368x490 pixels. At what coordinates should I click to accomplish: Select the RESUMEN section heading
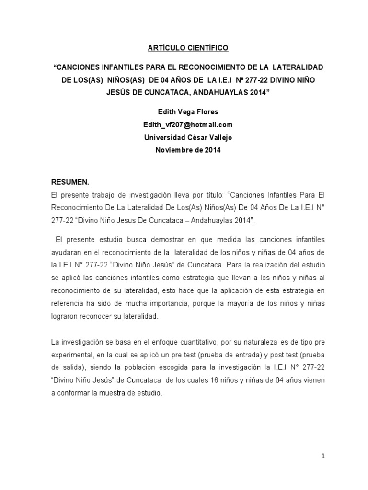[x=70, y=182]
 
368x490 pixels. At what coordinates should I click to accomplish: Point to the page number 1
[x=323, y=456]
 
